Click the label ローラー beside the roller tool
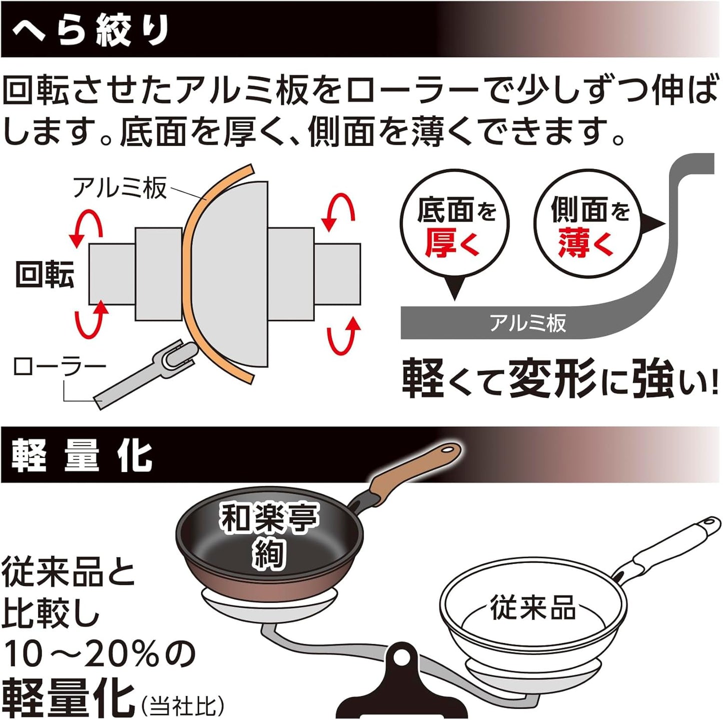pos(59,367)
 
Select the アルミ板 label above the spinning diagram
pos(119,188)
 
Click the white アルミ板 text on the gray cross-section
pos(527,323)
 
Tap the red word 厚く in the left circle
pos(453,243)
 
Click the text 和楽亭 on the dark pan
pos(269,517)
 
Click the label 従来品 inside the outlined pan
pos(532,607)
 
